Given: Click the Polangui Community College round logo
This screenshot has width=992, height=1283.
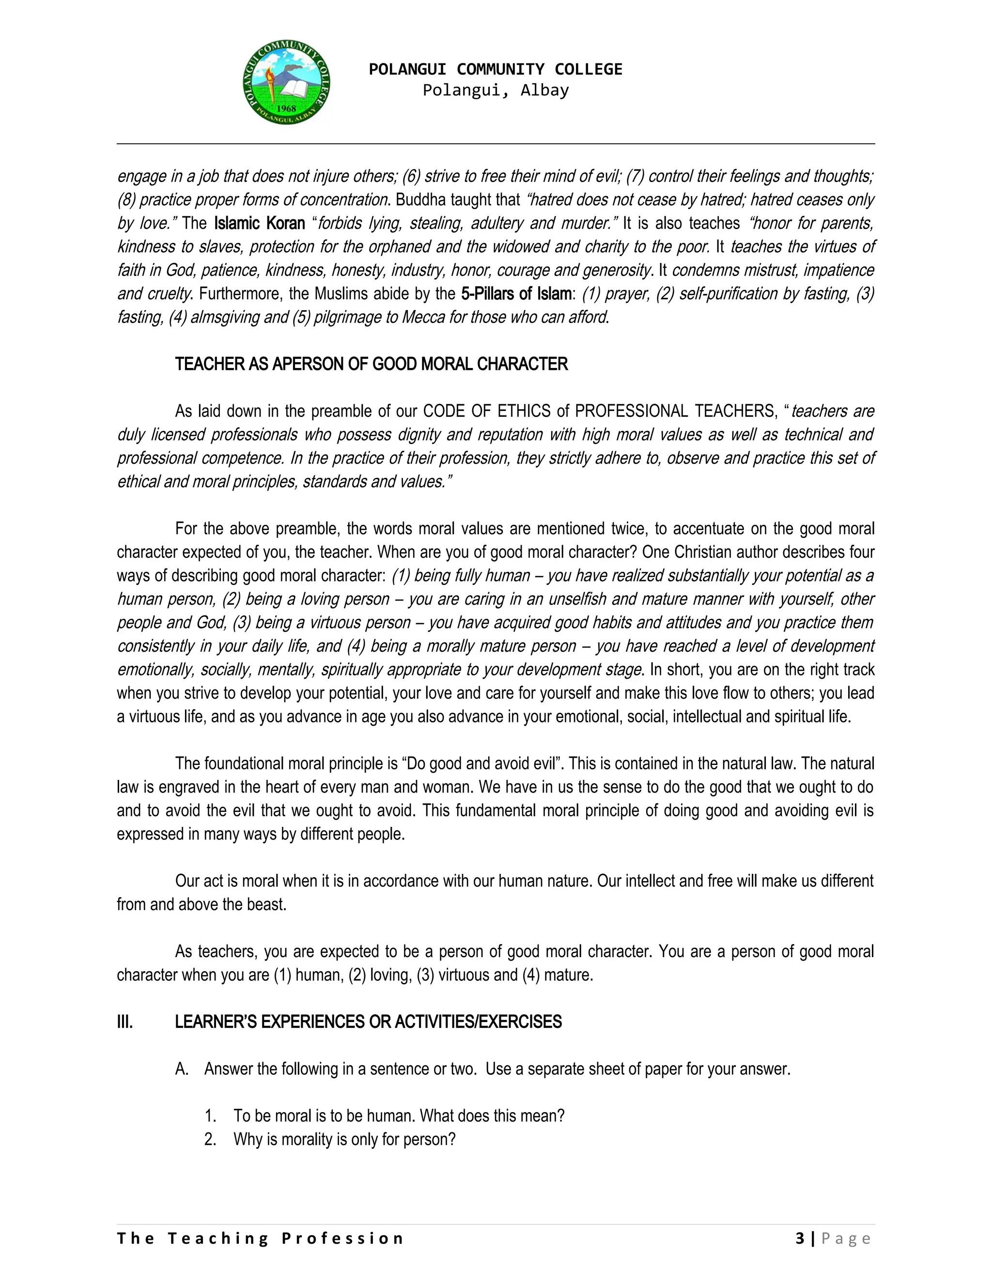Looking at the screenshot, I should (x=286, y=83).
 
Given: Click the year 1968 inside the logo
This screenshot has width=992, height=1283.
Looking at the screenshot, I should (x=286, y=108).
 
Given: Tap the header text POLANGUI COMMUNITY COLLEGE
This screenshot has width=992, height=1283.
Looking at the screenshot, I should (x=496, y=69).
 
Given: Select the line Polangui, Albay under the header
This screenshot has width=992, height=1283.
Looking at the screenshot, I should (x=496, y=91).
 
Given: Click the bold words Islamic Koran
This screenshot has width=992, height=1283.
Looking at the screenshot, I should (x=259, y=223).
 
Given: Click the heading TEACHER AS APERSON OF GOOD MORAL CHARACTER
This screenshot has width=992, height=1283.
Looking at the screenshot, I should (x=371, y=364).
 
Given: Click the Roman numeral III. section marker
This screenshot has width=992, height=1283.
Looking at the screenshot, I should (x=124, y=1022).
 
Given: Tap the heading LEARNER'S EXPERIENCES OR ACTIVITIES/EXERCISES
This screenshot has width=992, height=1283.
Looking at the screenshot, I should (x=368, y=1022).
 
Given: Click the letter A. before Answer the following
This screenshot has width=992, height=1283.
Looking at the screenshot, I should (x=182, y=1069).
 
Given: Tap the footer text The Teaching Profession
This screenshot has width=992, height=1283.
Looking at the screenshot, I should (x=260, y=1239).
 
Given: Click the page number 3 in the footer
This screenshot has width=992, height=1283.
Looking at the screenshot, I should (x=800, y=1239).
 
